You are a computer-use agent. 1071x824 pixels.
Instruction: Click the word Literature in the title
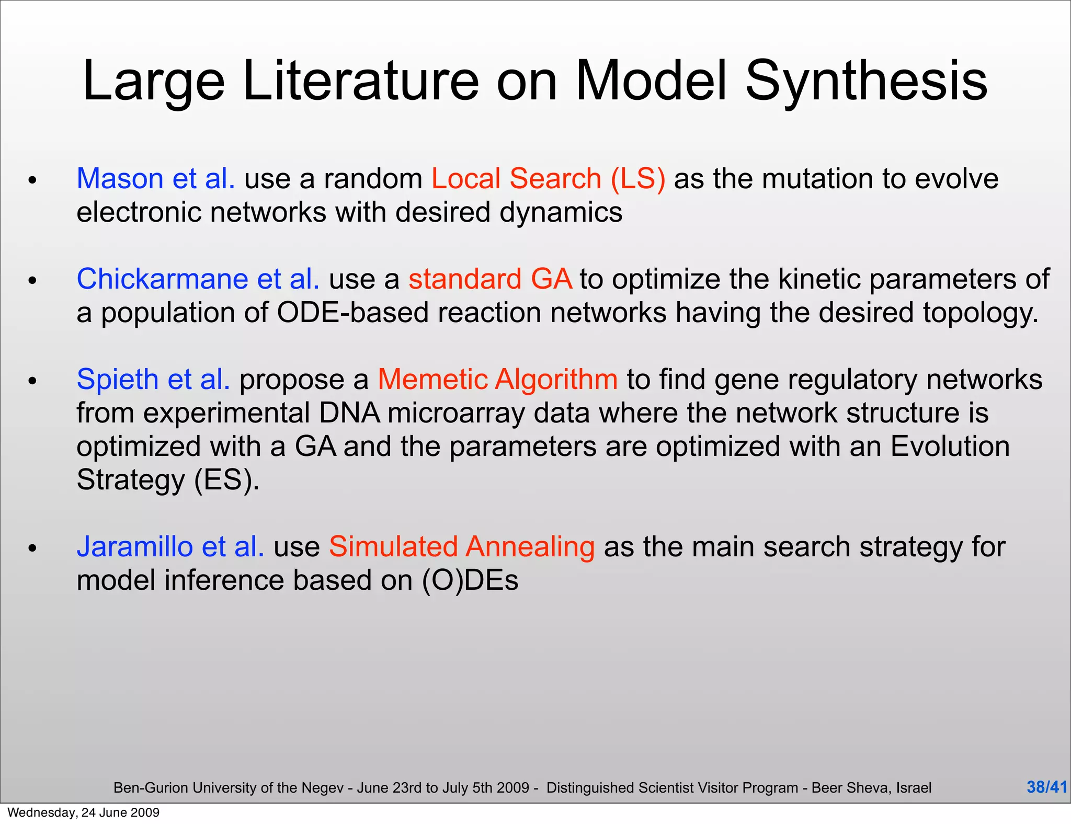[x=361, y=81]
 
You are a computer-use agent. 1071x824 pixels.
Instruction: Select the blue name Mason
[x=120, y=179]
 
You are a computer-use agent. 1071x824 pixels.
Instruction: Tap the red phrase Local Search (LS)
[x=548, y=179]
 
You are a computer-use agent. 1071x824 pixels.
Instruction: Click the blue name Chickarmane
[x=162, y=279]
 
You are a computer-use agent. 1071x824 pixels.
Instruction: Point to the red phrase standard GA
[x=490, y=279]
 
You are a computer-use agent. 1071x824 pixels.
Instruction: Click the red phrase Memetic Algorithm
[x=497, y=380]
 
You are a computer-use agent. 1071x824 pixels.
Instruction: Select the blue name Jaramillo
[x=135, y=547]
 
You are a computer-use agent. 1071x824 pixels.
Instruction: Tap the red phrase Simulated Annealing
[x=461, y=547]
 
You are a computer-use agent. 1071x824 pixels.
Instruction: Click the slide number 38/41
[x=1046, y=787]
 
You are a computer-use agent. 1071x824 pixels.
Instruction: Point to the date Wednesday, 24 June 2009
[x=84, y=812]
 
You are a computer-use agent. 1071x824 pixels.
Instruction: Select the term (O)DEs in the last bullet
[x=470, y=580]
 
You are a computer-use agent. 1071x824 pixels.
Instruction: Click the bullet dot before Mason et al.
[x=32, y=181]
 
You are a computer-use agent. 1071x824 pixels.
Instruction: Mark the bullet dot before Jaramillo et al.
[x=32, y=549]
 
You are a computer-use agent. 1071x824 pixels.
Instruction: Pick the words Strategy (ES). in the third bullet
[x=168, y=480]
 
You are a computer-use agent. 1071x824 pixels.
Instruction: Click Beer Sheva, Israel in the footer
[x=871, y=788]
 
